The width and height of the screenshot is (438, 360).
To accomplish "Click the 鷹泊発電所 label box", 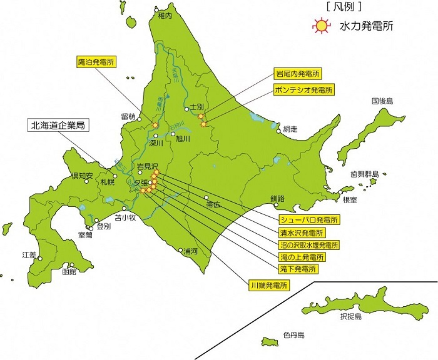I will (x=96, y=62).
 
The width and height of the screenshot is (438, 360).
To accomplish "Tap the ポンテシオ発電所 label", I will (x=303, y=90).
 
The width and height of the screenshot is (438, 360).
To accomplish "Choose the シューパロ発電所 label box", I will (x=309, y=220).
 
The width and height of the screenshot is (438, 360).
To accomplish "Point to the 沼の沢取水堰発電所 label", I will (x=309, y=244).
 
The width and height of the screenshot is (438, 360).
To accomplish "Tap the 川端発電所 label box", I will (x=270, y=286).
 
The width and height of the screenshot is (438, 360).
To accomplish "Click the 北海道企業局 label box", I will (x=56, y=125).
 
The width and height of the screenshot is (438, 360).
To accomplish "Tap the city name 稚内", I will (x=165, y=15).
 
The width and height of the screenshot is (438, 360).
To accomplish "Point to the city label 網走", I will (x=290, y=129).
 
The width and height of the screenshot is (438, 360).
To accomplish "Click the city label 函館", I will (x=69, y=272).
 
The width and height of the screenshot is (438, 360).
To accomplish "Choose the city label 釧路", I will (x=277, y=199).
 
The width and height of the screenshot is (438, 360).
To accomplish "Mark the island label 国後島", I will (x=382, y=101).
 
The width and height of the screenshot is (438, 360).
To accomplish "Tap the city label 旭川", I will (x=183, y=139).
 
